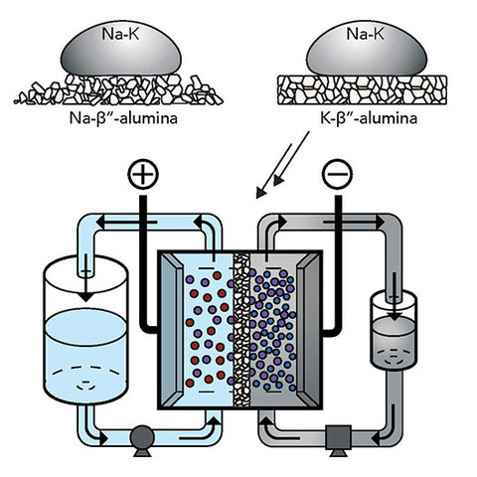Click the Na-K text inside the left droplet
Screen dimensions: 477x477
click(114, 33)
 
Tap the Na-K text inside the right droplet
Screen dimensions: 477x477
click(359, 33)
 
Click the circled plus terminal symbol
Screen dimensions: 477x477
click(144, 176)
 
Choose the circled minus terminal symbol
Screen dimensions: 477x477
click(333, 176)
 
